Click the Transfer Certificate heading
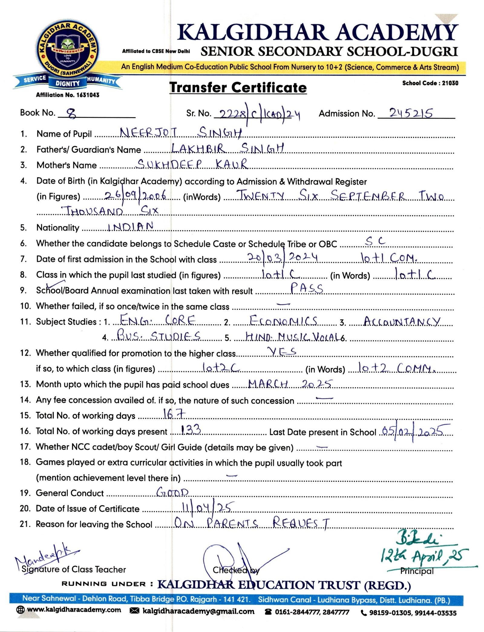(x=238, y=88)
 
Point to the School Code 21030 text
(x=430, y=83)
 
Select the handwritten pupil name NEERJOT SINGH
(x=181, y=133)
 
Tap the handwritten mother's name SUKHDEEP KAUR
(x=192, y=164)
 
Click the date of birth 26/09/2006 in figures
(x=135, y=196)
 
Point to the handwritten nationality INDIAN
(x=131, y=227)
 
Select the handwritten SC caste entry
(x=375, y=241)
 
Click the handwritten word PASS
(x=306, y=288)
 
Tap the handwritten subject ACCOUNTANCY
(x=402, y=321)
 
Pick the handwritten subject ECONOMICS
(x=283, y=321)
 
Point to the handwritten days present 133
(x=191, y=429)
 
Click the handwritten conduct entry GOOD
(x=172, y=493)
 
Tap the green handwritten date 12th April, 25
(x=424, y=555)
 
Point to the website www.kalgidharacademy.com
(x=74, y=610)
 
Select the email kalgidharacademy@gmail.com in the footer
(x=198, y=611)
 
